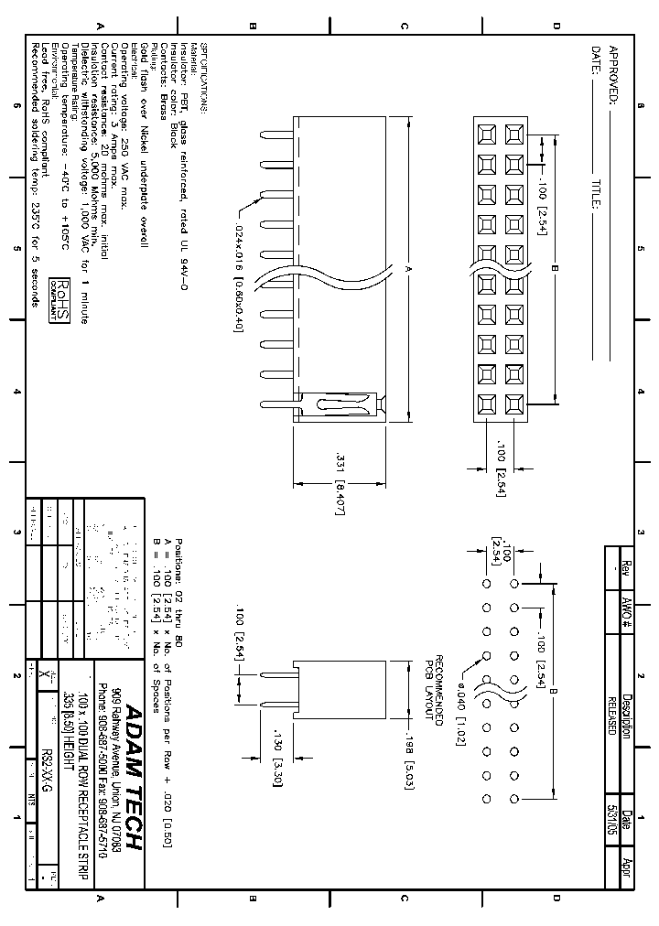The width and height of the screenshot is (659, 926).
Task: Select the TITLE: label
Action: click(596, 193)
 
